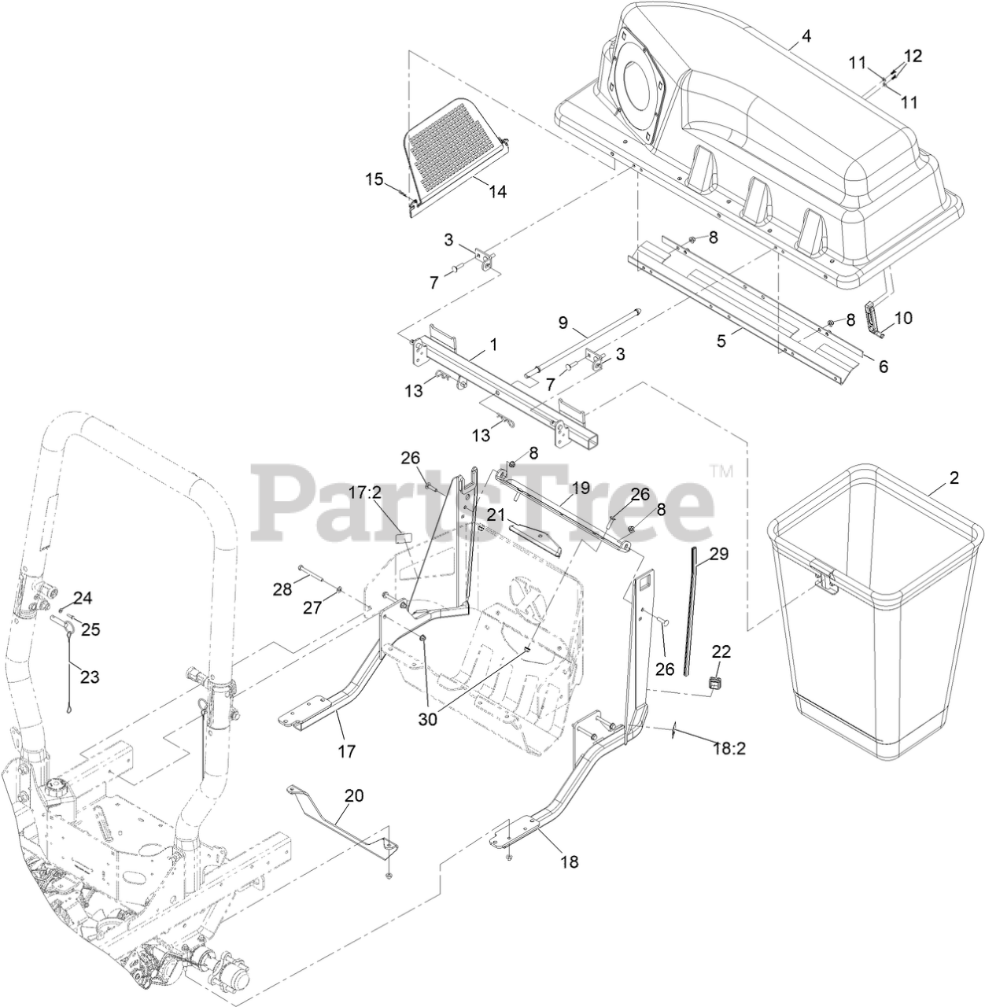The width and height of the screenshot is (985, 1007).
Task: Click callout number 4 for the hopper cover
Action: coord(806,36)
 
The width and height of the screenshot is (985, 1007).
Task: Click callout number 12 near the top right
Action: coord(913,56)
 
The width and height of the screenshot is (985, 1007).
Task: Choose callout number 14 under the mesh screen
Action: coord(497,191)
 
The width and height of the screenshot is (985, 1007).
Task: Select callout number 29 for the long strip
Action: coord(719,554)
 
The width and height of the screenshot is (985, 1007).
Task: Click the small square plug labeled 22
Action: coord(715,682)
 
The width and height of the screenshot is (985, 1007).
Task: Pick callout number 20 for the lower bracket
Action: coord(354,795)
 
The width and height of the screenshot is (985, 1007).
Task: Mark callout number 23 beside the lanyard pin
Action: coord(90,677)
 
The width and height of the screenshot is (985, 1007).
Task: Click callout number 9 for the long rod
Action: coord(563,322)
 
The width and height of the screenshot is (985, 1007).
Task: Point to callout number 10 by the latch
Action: coord(904,318)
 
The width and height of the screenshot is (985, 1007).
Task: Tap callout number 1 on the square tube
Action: coord(493,344)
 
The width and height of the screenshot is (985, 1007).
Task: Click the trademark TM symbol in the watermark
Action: coord(721,471)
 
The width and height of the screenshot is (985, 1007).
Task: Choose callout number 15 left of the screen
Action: coord(374,179)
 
